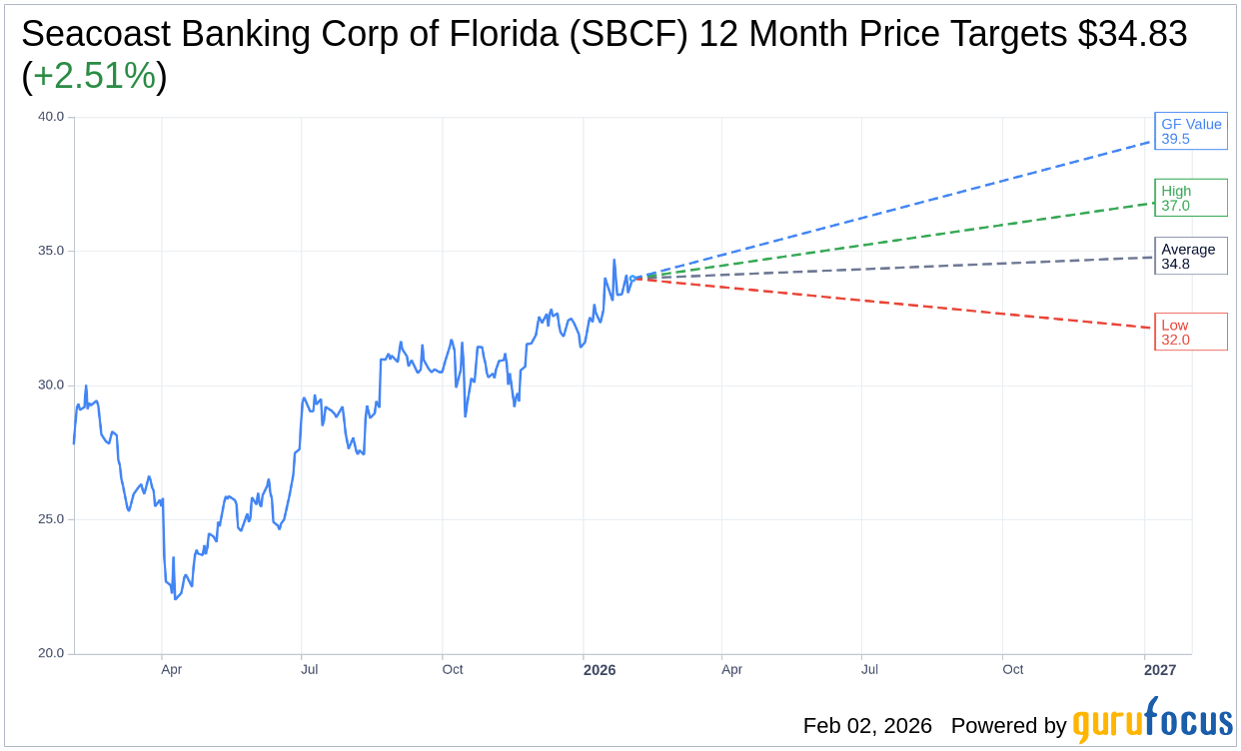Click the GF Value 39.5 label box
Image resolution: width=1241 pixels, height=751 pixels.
[1190, 131]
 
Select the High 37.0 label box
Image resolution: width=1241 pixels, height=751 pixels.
[1190, 198]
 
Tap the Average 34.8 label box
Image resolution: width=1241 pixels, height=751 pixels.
[1190, 256]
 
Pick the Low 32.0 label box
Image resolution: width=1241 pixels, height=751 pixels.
[1190, 332]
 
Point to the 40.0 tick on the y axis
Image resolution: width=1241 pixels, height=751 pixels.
[51, 117]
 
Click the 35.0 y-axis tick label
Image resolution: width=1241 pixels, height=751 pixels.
[51, 251]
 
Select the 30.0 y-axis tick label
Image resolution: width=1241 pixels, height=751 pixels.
[51, 385]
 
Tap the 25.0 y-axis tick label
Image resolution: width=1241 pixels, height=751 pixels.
[51, 519]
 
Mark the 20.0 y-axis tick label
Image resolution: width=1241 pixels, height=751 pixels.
[51, 654]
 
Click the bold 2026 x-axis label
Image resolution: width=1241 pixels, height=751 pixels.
[600, 670]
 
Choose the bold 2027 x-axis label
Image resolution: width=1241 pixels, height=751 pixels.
[1160, 670]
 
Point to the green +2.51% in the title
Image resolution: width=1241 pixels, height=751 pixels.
[94, 76]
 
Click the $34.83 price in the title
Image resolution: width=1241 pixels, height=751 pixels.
[1132, 34]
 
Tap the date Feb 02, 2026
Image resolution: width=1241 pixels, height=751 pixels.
[867, 726]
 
